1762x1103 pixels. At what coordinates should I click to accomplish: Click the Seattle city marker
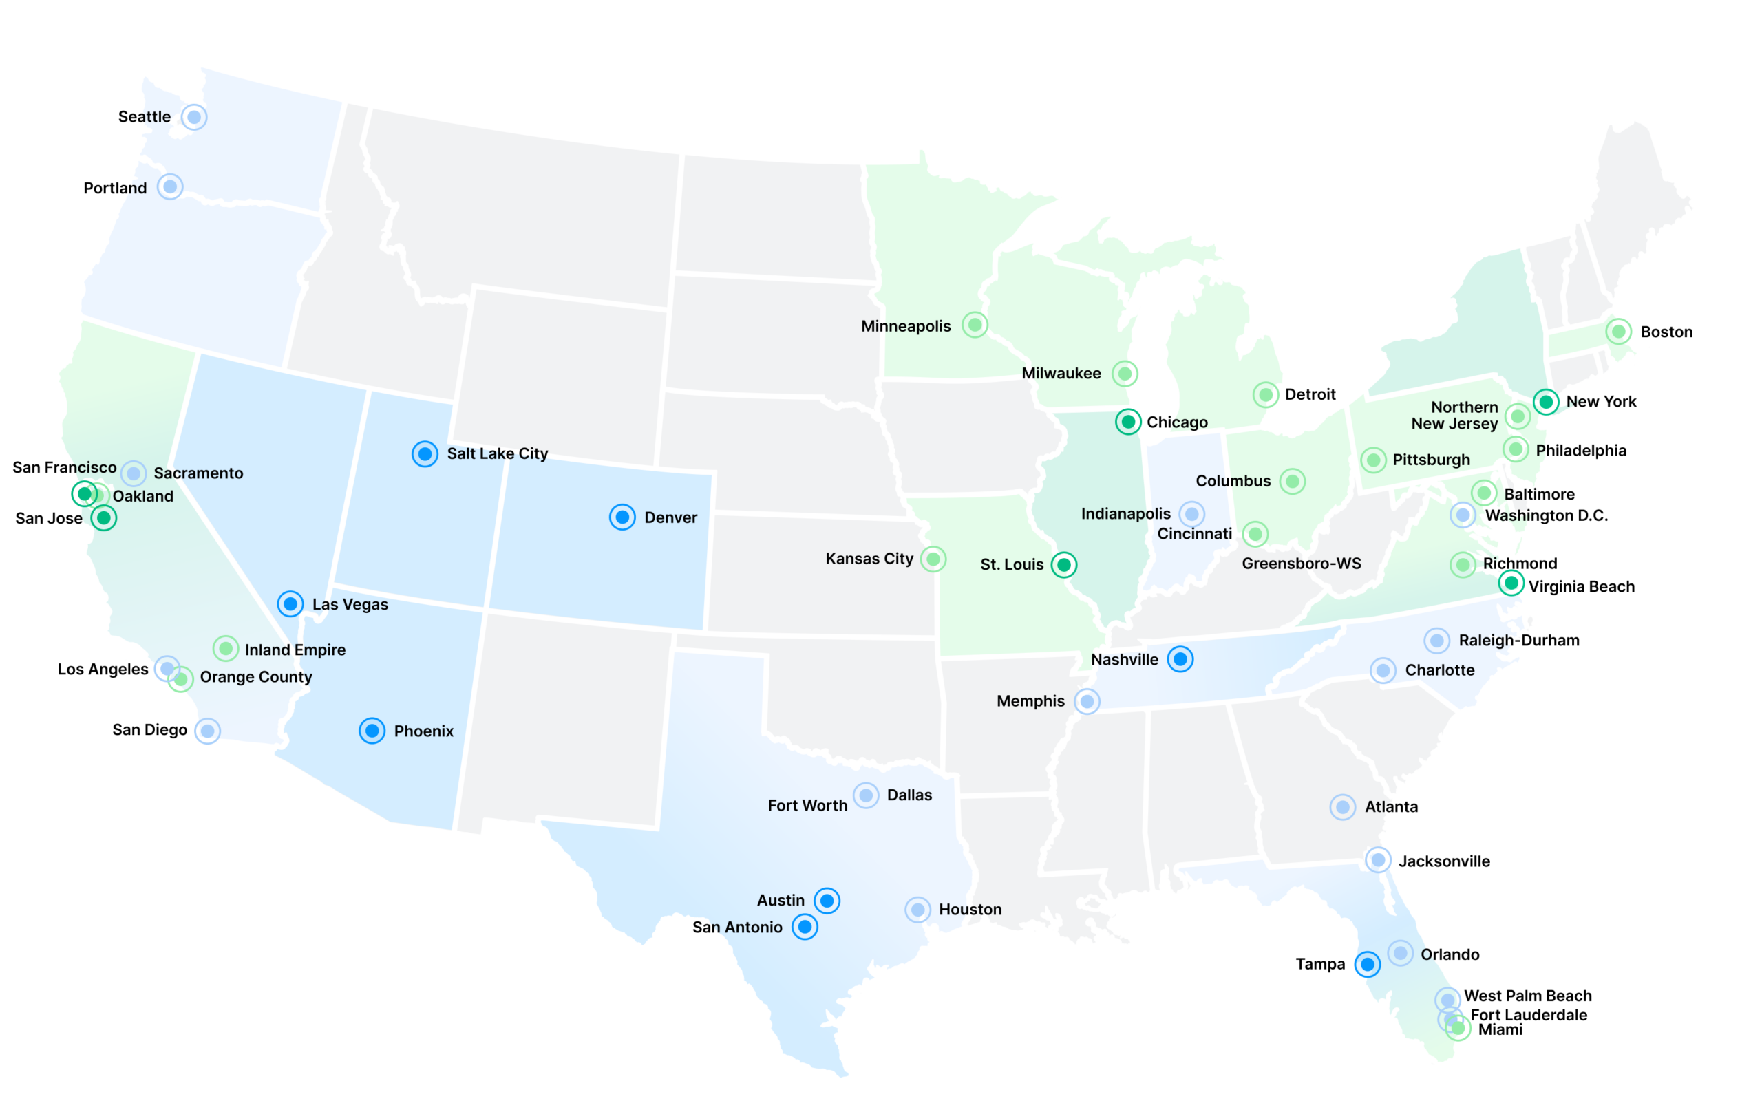pos(194,117)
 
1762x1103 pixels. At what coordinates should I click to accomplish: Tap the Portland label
pos(115,189)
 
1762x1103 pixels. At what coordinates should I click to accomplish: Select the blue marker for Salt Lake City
pos(425,453)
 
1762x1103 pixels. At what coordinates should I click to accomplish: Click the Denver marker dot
pos(622,517)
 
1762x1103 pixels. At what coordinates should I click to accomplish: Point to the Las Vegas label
pos(350,605)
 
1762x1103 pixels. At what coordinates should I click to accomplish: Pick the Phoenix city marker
pos(372,730)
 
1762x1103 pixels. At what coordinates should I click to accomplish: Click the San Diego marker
pos(208,730)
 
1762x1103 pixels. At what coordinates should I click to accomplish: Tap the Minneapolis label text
pos(906,326)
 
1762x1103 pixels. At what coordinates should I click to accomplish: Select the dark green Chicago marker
pos(1128,422)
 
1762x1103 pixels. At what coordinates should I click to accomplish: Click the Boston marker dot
pos(1618,332)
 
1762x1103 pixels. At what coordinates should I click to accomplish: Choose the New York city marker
pos(1545,401)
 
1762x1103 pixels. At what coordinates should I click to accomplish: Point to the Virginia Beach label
pos(1581,586)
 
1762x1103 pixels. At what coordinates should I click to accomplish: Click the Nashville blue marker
pos(1180,658)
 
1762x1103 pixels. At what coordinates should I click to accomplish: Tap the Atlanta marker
pos(1342,807)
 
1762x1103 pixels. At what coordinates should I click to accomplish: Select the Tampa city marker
pos(1368,964)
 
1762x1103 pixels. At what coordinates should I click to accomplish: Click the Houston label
pos(970,910)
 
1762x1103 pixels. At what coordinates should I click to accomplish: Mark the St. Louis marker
pos(1064,565)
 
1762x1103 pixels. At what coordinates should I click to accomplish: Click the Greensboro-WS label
pos(1301,564)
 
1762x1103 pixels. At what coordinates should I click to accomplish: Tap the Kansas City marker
pos(933,559)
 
